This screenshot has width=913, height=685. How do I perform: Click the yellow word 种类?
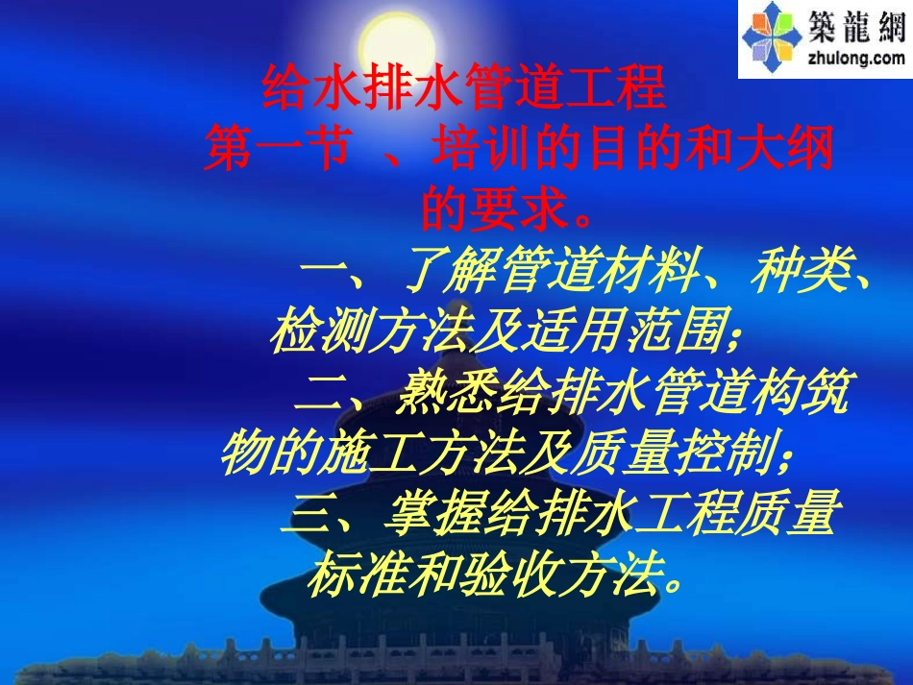[788, 275]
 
